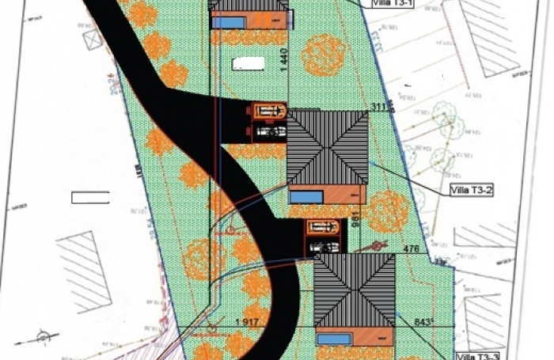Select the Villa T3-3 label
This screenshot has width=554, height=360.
[479, 355]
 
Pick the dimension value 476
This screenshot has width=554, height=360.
[410, 248]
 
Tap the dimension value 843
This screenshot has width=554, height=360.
[425, 322]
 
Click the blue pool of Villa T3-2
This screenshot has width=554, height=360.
[305, 195]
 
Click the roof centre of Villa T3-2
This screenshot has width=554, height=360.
[328, 146]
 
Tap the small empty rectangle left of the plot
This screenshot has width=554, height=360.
[89, 197]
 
